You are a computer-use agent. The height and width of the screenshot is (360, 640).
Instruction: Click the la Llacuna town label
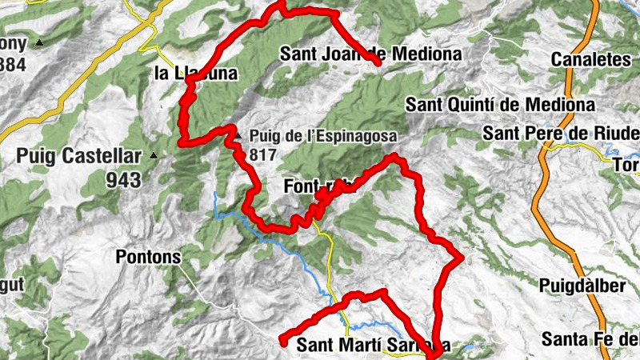tap(196, 74)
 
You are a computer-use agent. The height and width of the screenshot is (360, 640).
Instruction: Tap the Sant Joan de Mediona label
tap(371, 54)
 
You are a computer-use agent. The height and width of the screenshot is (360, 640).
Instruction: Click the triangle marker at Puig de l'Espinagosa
tap(237, 132)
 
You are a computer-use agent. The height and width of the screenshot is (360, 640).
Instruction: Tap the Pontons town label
tap(148, 257)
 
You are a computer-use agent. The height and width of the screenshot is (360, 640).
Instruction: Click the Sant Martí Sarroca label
tap(374, 346)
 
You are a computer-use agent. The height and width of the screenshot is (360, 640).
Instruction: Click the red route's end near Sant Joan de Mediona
tap(376, 62)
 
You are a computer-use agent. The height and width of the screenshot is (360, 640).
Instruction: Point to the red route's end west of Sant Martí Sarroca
tap(282, 342)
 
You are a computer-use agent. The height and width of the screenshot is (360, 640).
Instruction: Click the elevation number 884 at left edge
tap(13, 64)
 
